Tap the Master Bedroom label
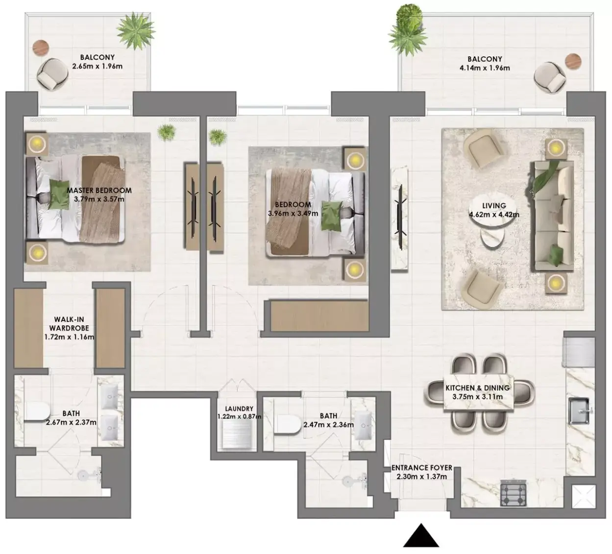click(x=99, y=191)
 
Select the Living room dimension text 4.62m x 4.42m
click(x=494, y=215)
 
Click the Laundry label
click(x=239, y=409)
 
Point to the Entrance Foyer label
click(x=422, y=468)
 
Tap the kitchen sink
click(x=579, y=411)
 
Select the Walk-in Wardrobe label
click(x=69, y=324)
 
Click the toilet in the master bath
click(x=37, y=411)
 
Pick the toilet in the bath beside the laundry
click(x=288, y=424)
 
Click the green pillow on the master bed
click(x=59, y=194)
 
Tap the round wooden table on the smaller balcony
click(x=41, y=48)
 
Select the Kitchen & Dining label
click(x=477, y=388)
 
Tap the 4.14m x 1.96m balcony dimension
click(x=485, y=68)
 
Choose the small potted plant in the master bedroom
click(x=167, y=132)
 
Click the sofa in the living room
click(x=553, y=217)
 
